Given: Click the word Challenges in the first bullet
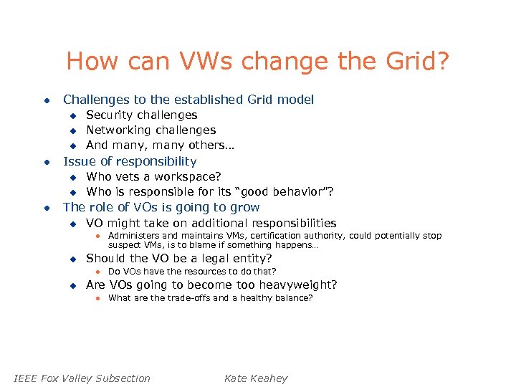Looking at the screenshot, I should click(x=97, y=100).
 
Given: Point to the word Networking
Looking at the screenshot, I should click(x=118, y=130).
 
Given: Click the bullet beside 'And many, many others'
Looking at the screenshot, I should click(x=72, y=145).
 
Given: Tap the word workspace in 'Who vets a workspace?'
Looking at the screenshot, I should click(x=186, y=176).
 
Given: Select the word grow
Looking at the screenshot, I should click(x=244, y=207).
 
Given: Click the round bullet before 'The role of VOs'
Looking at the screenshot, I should click(x=46, y=208).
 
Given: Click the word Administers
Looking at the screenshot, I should click(x=133, y=236).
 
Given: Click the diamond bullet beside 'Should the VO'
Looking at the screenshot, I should click(x=72, y=259).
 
